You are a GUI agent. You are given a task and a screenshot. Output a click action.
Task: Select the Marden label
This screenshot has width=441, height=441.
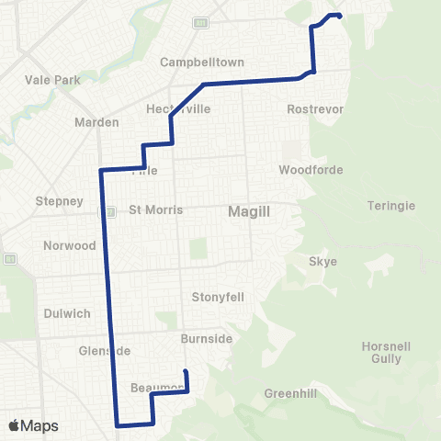coord(97,122)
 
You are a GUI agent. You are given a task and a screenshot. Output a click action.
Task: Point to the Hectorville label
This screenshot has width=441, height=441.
coord(179,108)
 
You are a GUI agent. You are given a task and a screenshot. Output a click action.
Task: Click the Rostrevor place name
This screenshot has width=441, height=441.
coord(315,108)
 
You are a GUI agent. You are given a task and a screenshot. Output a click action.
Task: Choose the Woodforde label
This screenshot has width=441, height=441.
coord(311,170)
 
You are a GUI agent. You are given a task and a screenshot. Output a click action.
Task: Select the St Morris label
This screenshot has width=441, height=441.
coord(156,209)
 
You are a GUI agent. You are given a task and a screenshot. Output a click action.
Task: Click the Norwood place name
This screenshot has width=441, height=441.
coord(70,245)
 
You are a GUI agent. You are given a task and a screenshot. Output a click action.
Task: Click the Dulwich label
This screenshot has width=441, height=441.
coord(67,313)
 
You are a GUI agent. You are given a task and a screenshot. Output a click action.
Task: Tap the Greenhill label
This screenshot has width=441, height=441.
coord(289,393)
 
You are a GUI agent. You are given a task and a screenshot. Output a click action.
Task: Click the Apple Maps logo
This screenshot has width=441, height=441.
coord(32,425)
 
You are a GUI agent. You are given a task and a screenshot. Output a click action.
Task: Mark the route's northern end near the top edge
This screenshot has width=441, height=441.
coord(340,16)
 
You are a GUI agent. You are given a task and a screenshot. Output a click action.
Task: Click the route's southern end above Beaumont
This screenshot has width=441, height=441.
coord(187,371)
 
